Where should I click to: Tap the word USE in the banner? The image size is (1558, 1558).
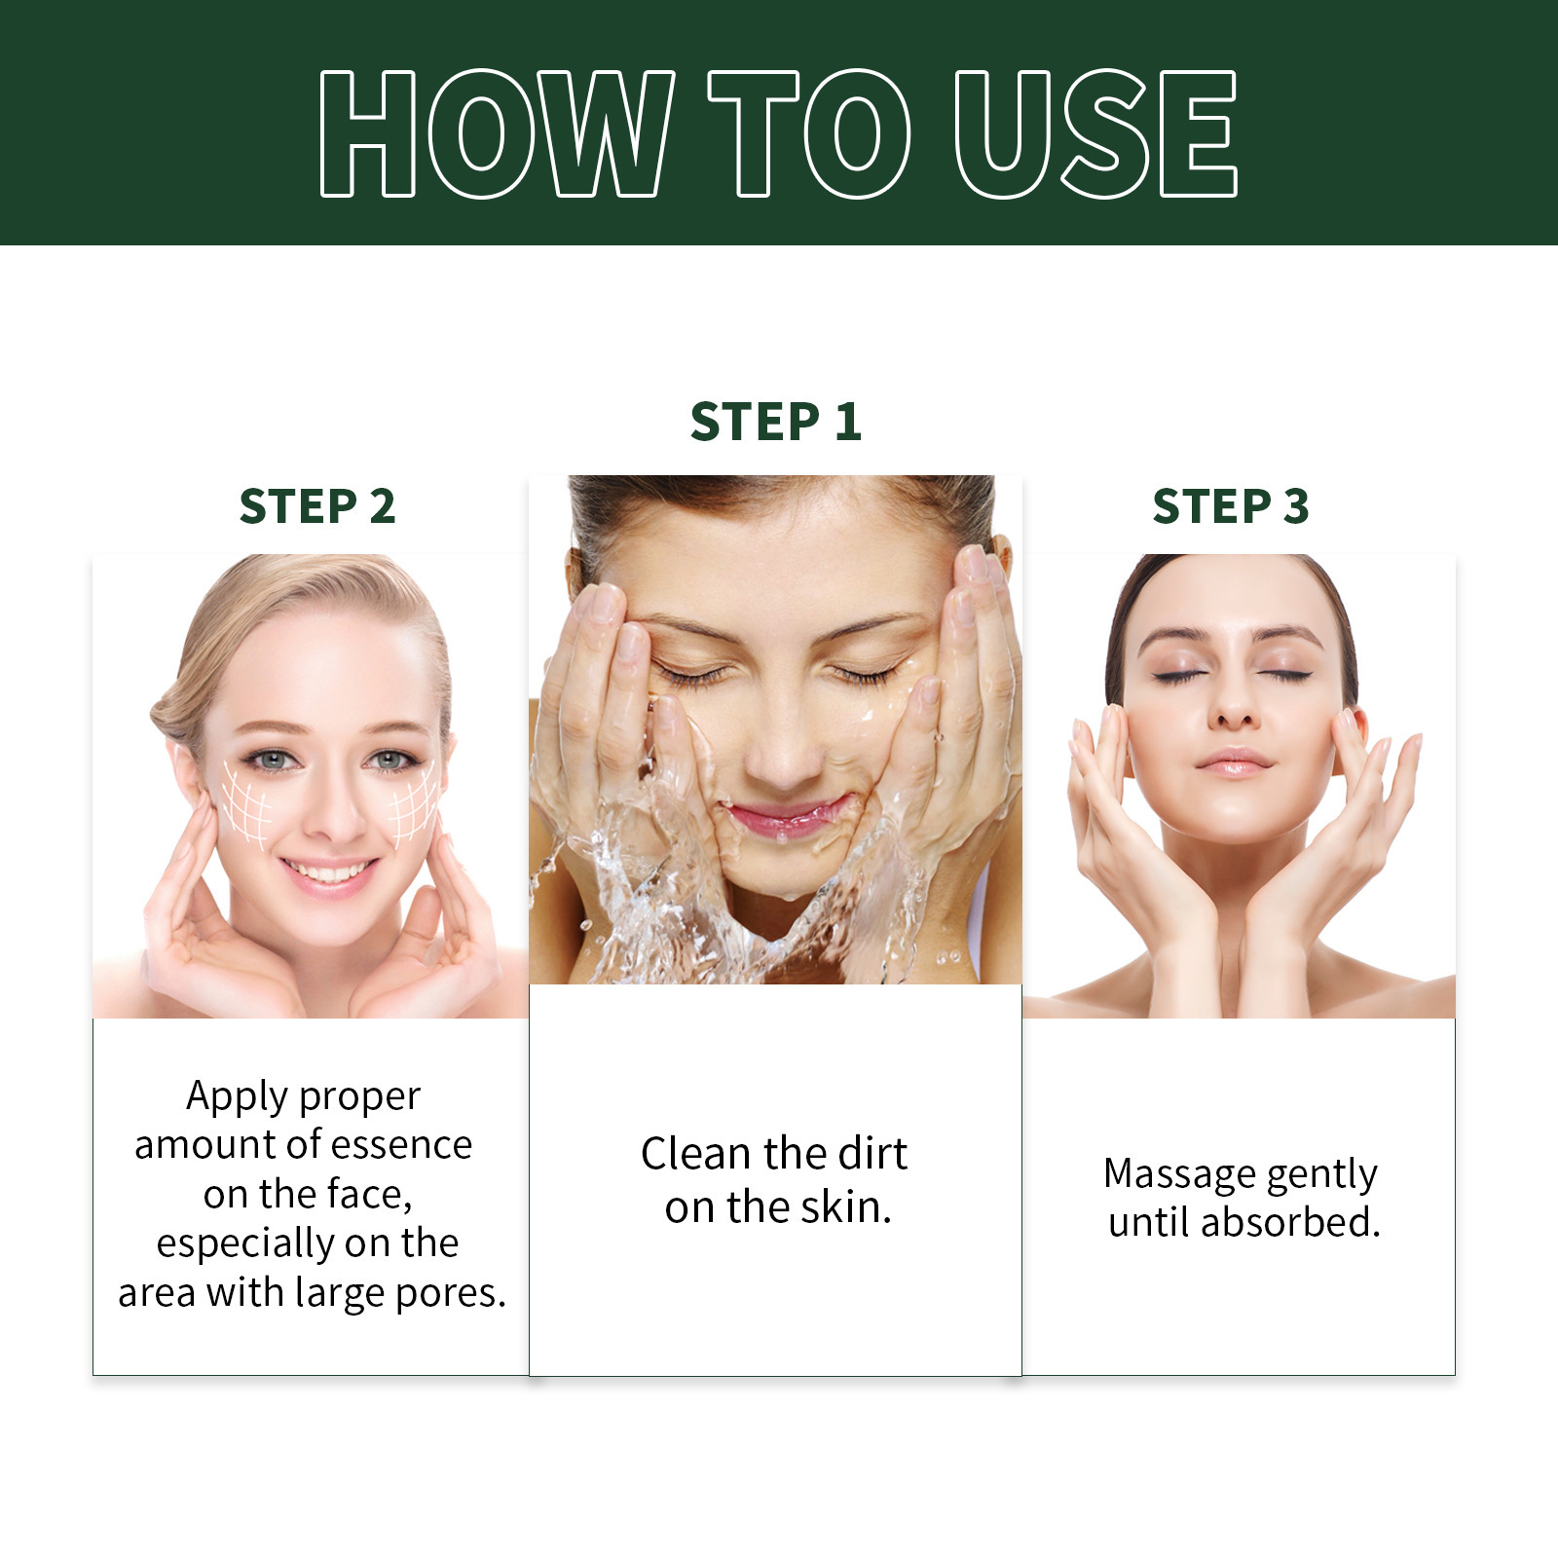click(x=1094, y=133)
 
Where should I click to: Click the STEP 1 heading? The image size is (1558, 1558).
click(x=775, y=422)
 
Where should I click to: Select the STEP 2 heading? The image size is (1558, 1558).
click(x=316, y=506)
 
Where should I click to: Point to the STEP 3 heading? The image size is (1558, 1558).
click(x=1230, y=506)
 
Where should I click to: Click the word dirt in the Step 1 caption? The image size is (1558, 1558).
click(x=871, y=1154)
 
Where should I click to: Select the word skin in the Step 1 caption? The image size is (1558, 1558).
click(x=843, y=1207)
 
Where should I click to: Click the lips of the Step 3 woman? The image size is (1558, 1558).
click(x=1233, y=761)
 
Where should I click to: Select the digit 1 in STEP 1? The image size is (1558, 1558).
click(x=847, y=422)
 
